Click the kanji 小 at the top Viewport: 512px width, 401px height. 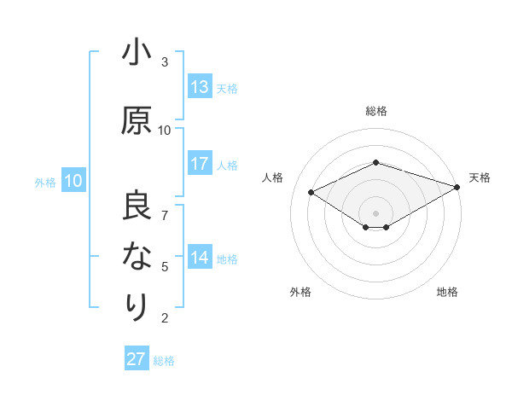(x=137, y=54)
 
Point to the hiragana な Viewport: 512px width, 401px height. (x=137, y=257)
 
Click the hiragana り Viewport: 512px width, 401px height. (x=137, y=305)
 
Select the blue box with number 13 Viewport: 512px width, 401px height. (x=200, y=87)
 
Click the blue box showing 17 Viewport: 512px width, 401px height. (x=200, y=165)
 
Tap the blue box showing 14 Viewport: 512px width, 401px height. (x=200, y=259)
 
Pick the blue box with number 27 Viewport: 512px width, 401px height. (x=137, y=359)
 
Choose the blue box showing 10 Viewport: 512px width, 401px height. (x=73, y=181)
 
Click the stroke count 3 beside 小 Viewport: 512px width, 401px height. (x=165, y=62)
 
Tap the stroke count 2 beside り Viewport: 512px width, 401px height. (x=165, y=318)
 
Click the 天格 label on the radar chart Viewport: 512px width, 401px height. (x=480, y=177)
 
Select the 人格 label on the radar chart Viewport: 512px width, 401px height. (x=273, y=177)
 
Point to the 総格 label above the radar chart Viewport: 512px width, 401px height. (x=376, y=111)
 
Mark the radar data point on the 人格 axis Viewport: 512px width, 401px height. (x=311, y=191)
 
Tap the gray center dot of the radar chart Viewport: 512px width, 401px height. (x=375, y=212)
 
